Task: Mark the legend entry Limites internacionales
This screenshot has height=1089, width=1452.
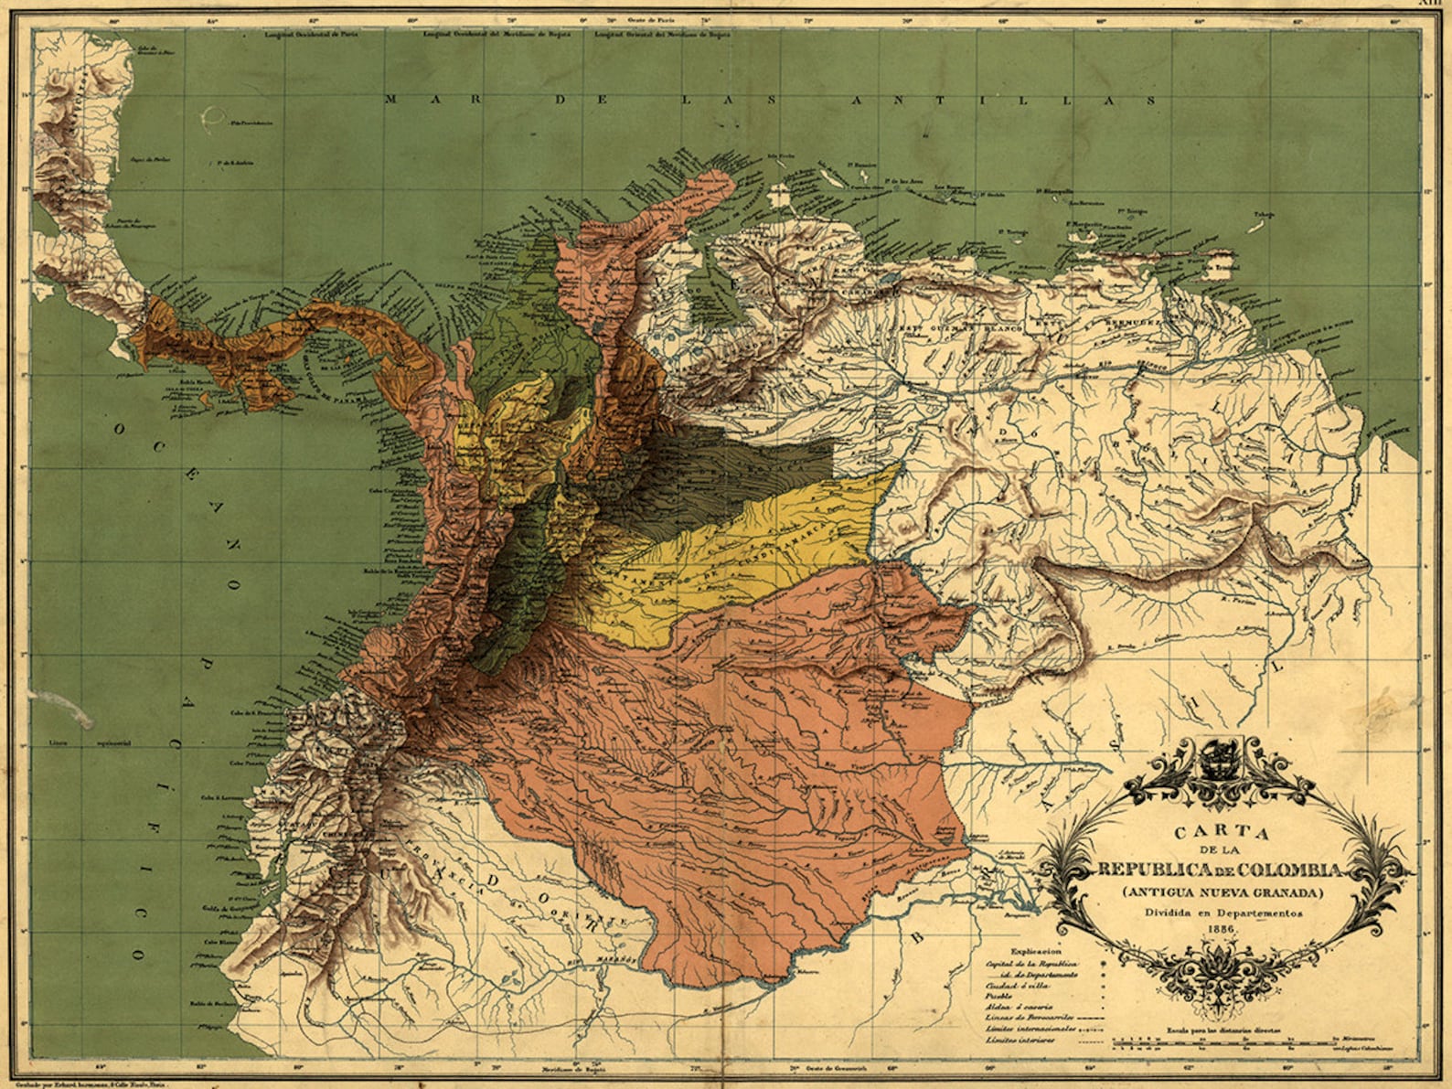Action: (x=1033, y=1028)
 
